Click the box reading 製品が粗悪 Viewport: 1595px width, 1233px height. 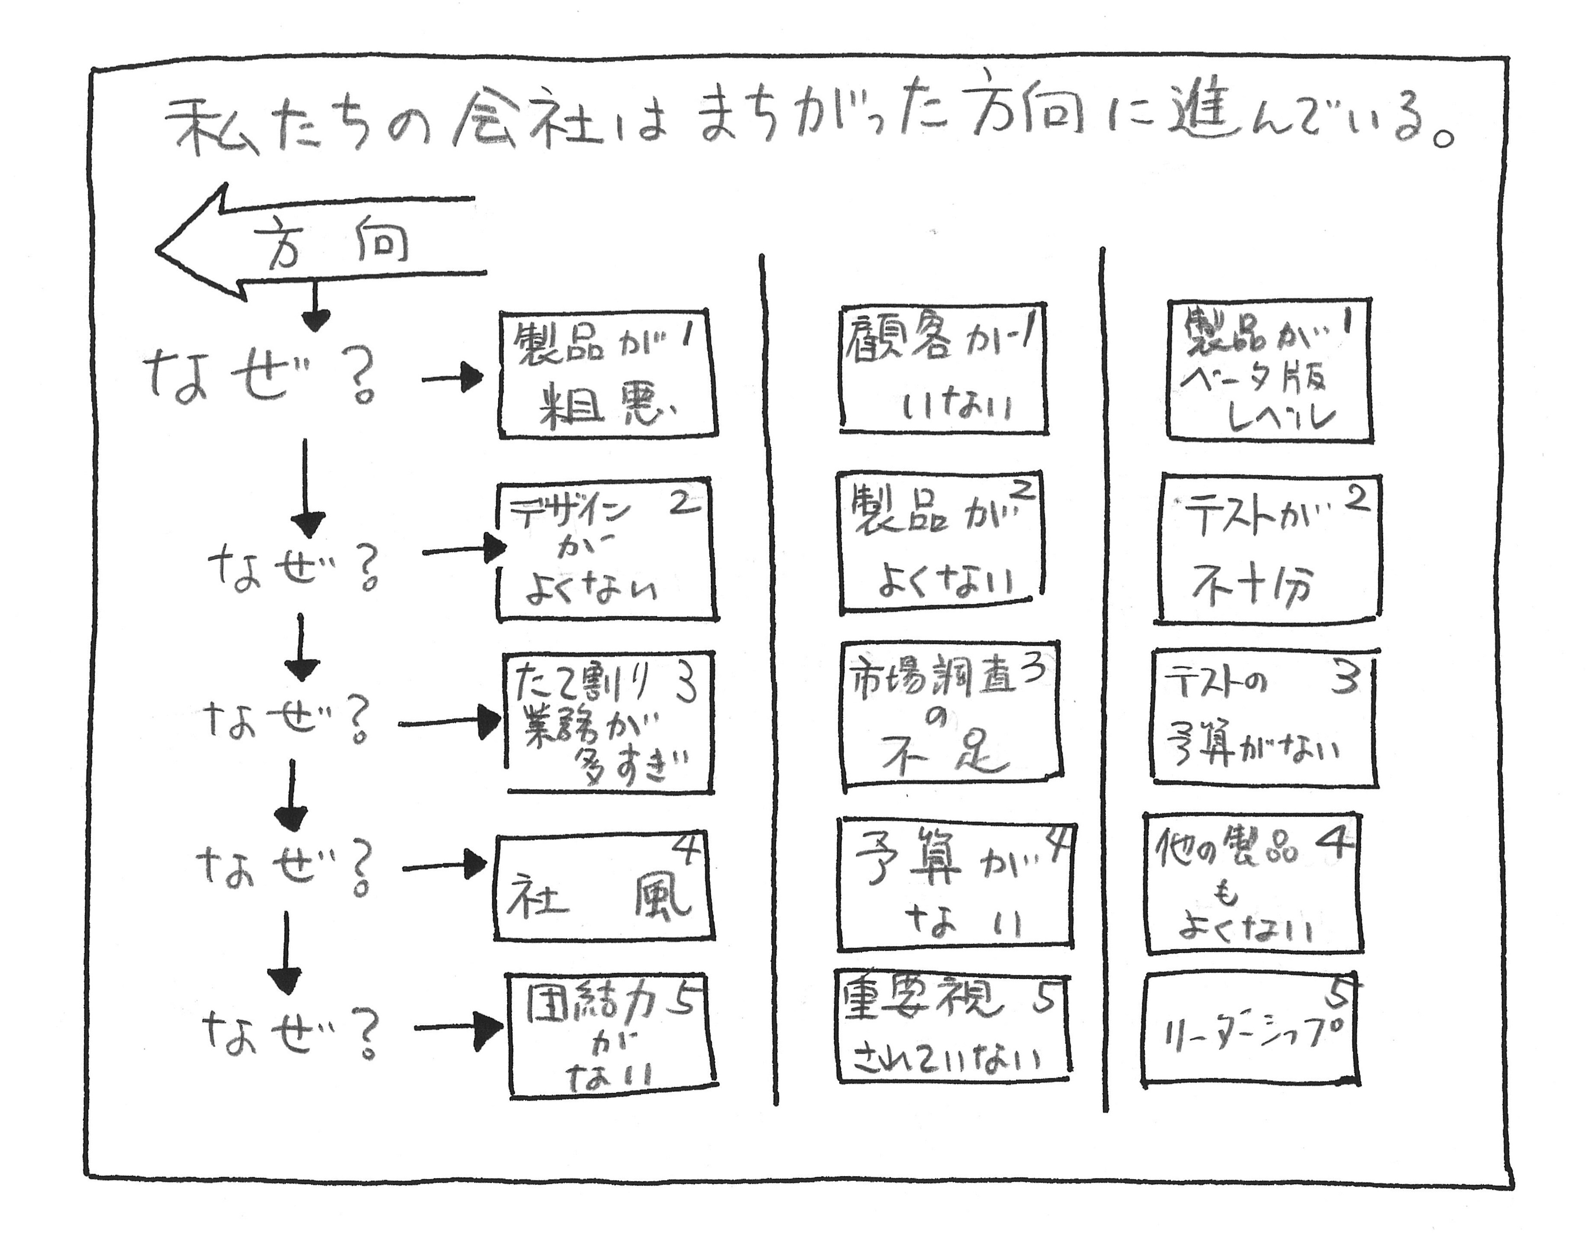pyautogui.click(x=607, y=374)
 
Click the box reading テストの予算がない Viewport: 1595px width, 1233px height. pyautogui.click(x=1263, y=717)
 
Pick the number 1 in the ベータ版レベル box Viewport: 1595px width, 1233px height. pyautogui.click(x=1347, y=322)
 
